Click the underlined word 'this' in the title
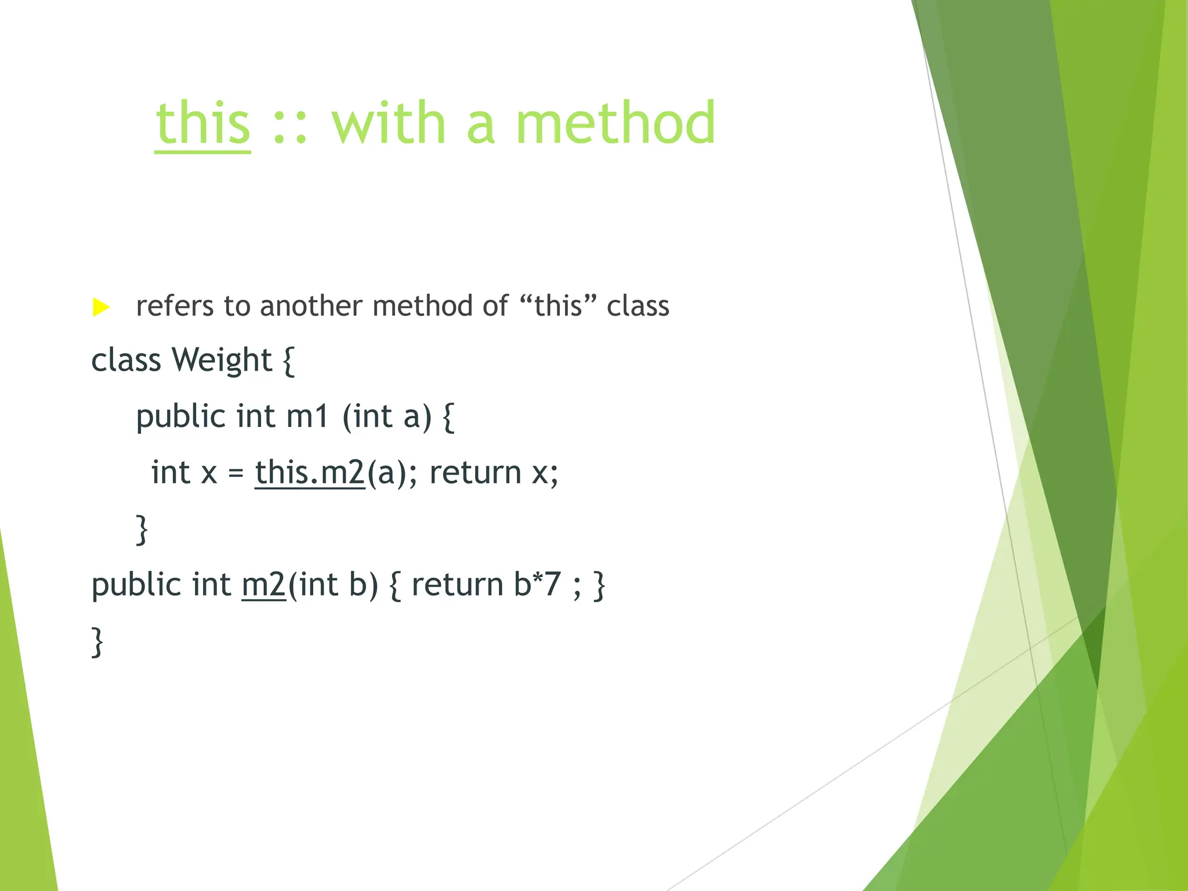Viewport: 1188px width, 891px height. [x=203, y=123]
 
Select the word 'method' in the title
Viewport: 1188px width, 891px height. [x=615, y=123]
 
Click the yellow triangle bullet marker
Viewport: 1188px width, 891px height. [x=101, y=307]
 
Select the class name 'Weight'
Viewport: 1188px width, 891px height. [x=222, y=361]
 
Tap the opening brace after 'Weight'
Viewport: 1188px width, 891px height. [x=288, y=361]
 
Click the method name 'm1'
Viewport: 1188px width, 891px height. [x=307, y=416]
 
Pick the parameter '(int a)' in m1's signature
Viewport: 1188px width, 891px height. [x=387, y=416]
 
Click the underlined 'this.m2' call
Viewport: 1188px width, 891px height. [x=310, y=472]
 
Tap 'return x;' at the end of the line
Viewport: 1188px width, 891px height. [x=494, y=472]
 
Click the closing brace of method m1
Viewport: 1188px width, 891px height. [x=142, y=528]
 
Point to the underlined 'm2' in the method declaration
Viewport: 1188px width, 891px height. [x=263, y=584]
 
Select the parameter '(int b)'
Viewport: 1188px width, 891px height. [x=333, y=584]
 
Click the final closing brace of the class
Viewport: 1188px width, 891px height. [x=97, y=641]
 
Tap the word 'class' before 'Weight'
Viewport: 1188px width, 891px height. [x=126, y=361]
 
